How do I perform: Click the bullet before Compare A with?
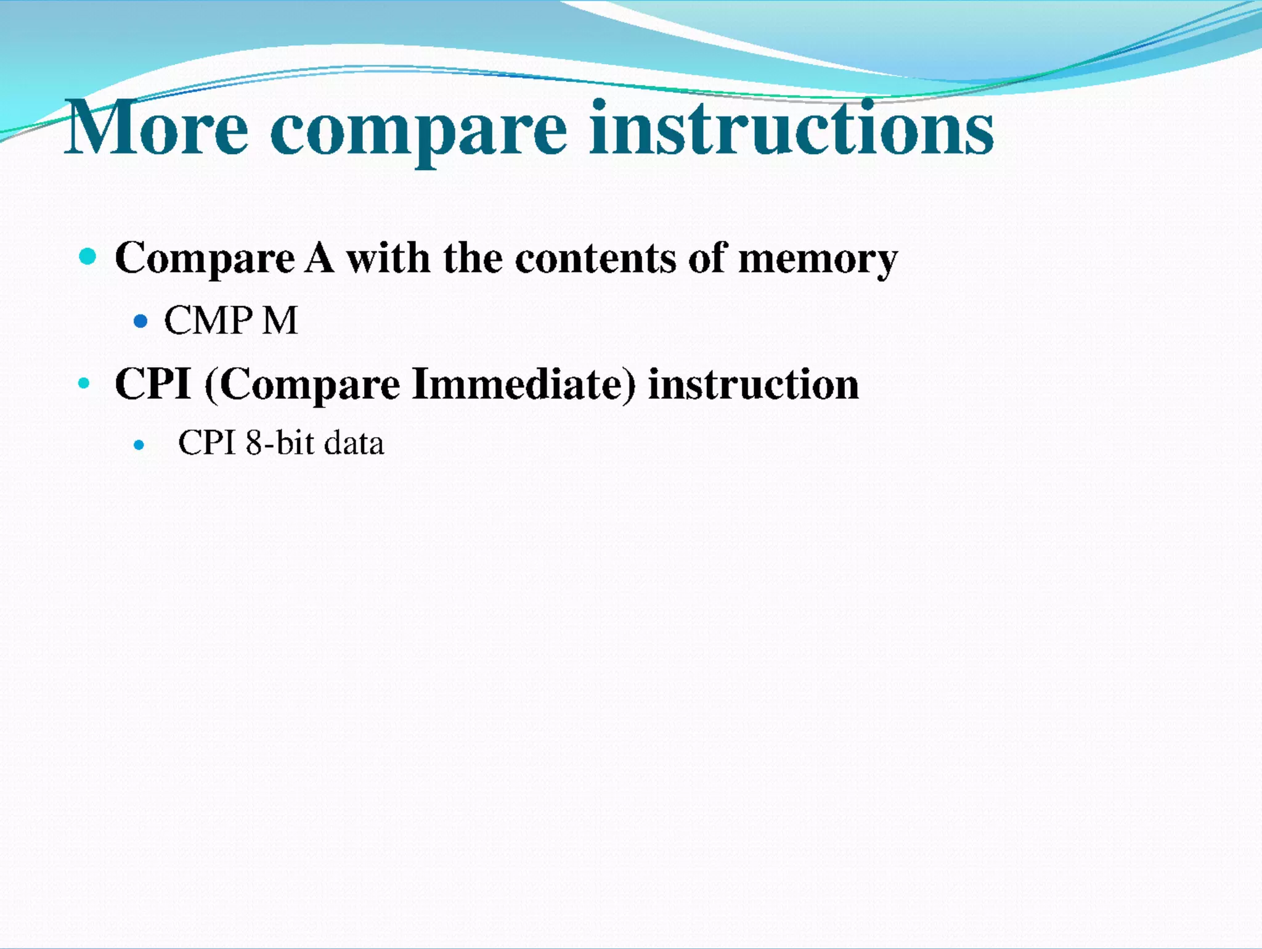[88, 256]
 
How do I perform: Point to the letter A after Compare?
[319, 258]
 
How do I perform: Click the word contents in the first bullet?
[595, 258]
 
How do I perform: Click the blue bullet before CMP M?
[140, 321]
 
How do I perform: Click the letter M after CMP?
[280, 321]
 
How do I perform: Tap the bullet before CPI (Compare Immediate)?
[84, 384]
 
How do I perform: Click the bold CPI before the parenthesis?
[153, 384]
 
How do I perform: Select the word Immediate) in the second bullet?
[523, 384]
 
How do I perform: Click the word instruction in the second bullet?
[753, 384]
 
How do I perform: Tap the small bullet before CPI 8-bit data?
[139, 445]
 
